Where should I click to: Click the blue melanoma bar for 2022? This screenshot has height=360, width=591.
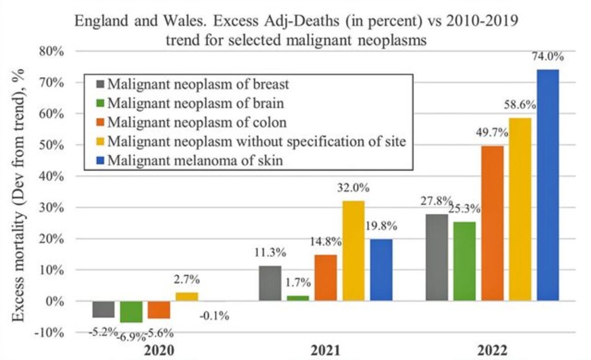coord(548,185)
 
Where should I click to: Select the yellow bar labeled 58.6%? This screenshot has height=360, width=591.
coord(520,209)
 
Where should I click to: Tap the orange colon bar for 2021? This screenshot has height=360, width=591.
coord(326,277)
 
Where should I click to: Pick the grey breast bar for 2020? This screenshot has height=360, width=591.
coord(103,309)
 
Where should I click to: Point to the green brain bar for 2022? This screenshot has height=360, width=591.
coord(465,261)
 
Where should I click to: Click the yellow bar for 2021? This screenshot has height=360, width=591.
coord(353,251)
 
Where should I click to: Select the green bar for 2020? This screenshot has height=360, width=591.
coord(131,311)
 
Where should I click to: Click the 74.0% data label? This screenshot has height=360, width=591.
coord(547,57)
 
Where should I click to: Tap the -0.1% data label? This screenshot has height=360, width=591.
coord(214,316)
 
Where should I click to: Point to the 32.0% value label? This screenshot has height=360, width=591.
coord(353,189)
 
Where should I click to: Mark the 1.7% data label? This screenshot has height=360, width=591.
coord(297,283)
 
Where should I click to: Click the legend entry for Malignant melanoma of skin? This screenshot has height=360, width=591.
coord(195,161)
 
